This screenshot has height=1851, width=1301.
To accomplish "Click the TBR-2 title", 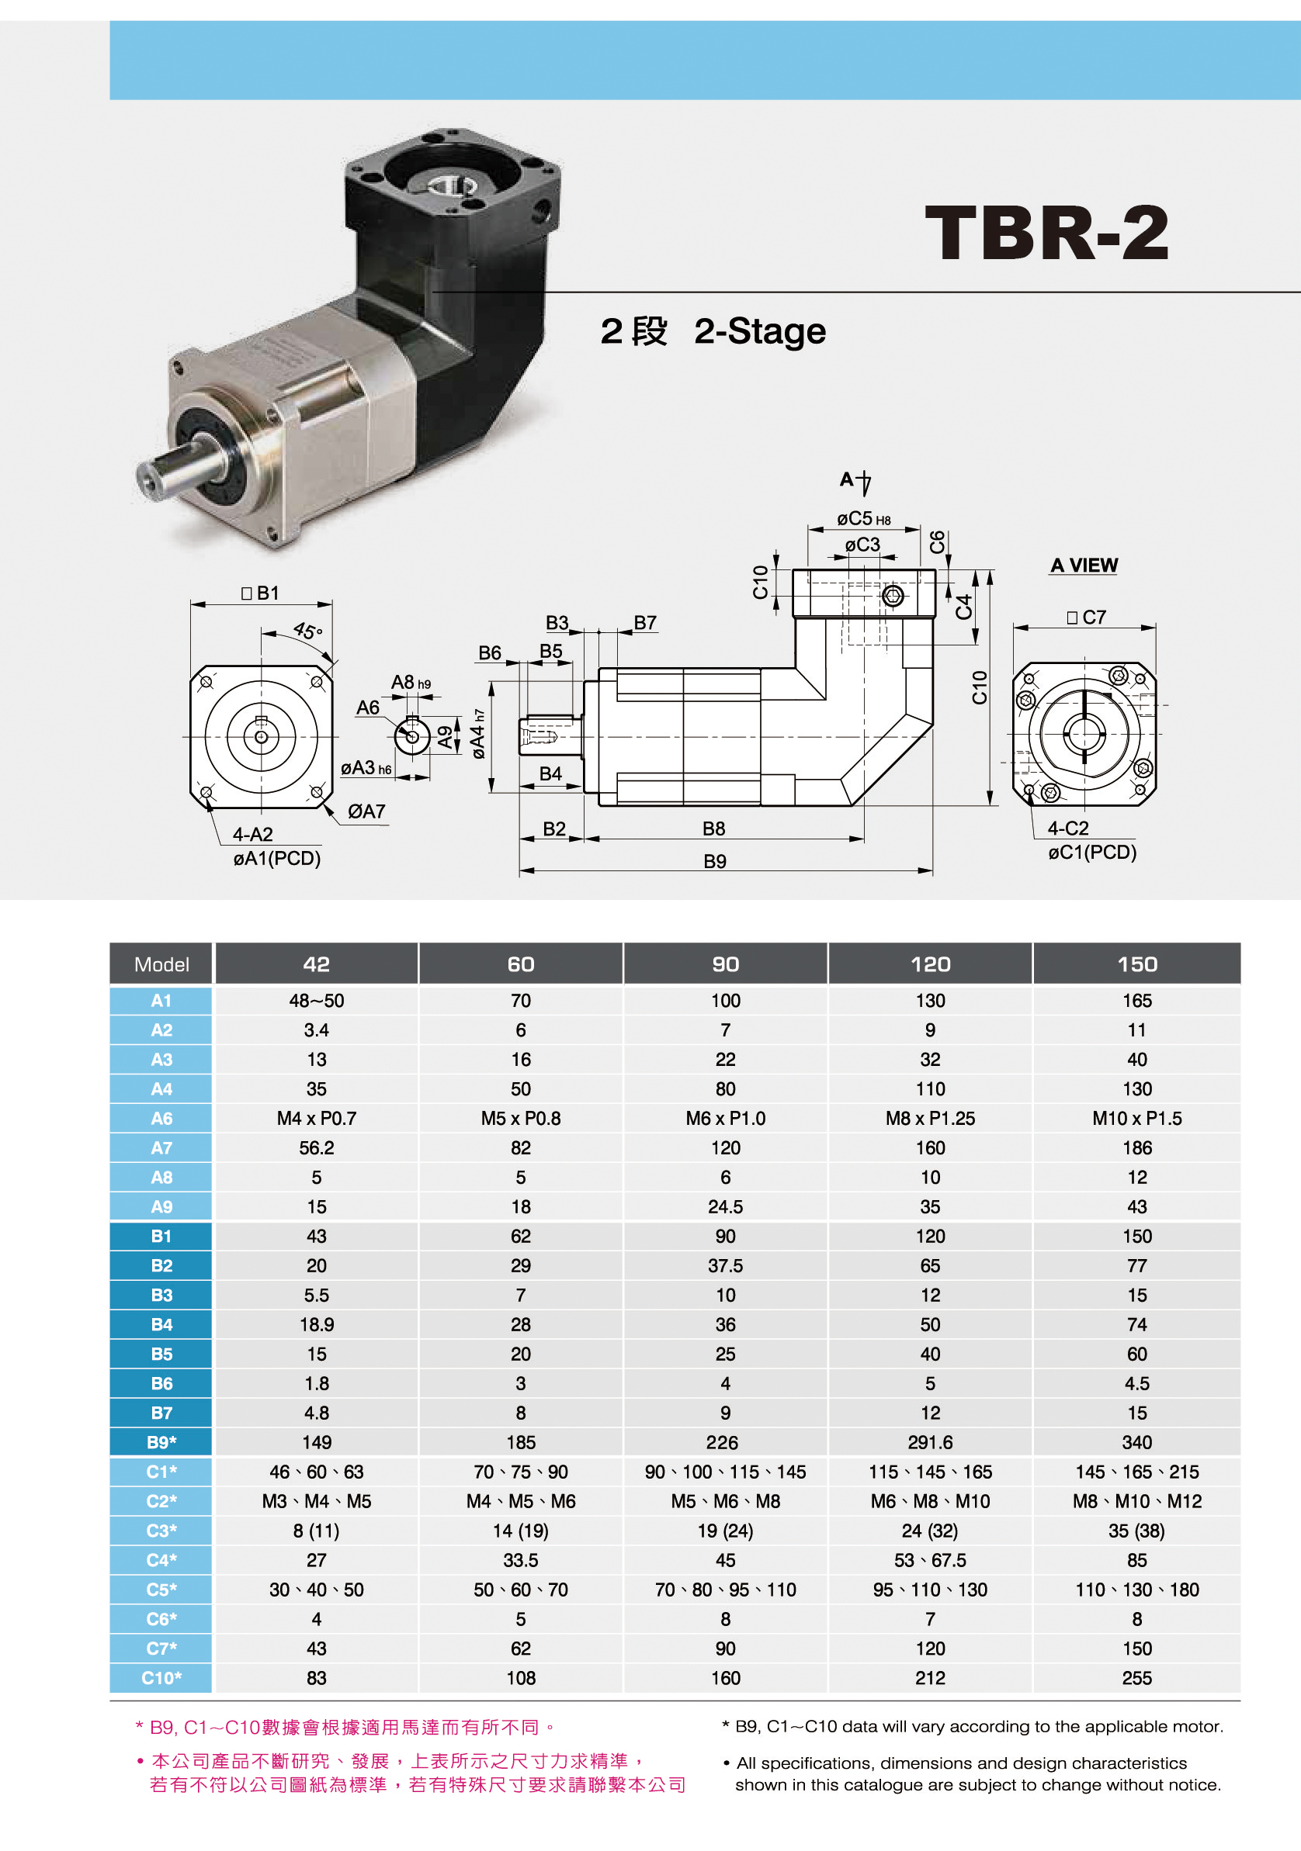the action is (1046, 232).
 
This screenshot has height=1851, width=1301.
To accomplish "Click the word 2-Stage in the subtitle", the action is (760, 331).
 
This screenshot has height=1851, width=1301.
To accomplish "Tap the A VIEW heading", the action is (1084, 565).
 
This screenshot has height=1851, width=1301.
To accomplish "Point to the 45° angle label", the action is (307, 631).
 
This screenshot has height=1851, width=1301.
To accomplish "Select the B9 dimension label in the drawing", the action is (715, 862).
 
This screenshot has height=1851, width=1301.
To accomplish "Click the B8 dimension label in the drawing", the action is (714, 829).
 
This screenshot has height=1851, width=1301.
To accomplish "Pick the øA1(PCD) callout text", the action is (276, 859).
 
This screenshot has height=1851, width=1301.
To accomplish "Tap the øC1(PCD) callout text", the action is (1092, 852).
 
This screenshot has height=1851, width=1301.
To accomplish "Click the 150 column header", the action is (1137, 964).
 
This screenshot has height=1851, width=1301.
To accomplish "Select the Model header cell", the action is (161, 964).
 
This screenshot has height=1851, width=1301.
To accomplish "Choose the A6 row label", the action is (161, 1118).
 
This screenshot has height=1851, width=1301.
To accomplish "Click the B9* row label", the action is (161, 1442).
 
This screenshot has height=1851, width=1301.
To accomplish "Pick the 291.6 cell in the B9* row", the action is (930, 1442).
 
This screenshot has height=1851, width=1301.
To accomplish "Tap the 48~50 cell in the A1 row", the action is (316, 1001).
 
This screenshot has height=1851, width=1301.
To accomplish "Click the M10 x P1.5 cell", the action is (1137, 1118).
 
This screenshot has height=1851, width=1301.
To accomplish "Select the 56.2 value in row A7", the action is (316, 1148).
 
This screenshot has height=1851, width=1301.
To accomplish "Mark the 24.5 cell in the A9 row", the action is (725, 1207).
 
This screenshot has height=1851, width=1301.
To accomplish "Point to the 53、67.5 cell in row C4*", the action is (930, 1560).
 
